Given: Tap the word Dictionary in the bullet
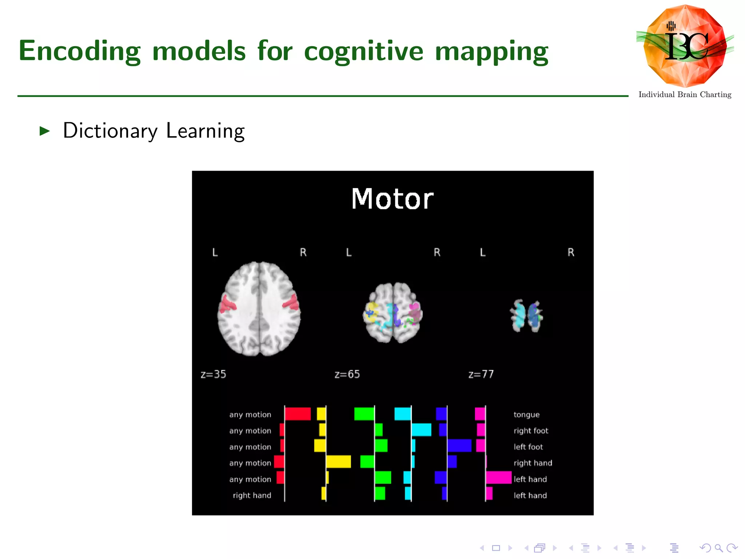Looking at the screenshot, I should [110, 131].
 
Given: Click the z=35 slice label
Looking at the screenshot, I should [213, 374].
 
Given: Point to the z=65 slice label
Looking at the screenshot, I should [347, 374].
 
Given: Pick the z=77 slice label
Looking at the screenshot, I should [481, 374].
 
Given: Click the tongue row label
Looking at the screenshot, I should [526, 415].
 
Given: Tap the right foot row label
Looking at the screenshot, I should [531, 431].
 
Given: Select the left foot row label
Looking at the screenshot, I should [528, 447].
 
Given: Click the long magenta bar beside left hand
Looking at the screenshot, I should [499, 477].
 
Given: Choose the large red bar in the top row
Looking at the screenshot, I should [298, 414].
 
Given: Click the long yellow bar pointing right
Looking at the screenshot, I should [338, 461].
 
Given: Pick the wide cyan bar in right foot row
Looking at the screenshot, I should [421, 430].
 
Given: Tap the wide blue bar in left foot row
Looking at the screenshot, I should [459, 445].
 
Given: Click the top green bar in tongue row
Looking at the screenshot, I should [364, 414].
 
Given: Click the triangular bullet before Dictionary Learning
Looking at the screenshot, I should [44, 131].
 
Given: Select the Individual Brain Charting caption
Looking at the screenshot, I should [685, 95].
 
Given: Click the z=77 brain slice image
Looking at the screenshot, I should [526, 316].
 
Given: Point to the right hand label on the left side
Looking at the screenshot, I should [252, 495].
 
